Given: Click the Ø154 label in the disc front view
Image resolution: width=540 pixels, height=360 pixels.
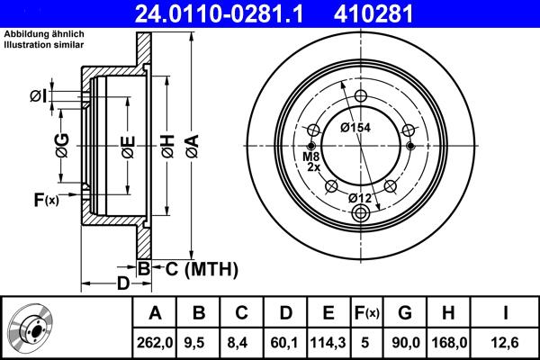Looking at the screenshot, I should pyautogui.click(x=355, y=127).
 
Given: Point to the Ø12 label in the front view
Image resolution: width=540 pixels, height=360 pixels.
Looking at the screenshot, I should pyautogui.click(x=360, y=197).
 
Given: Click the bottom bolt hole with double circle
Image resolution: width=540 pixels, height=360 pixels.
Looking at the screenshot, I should pyautogui.click(x=362, y=213).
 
